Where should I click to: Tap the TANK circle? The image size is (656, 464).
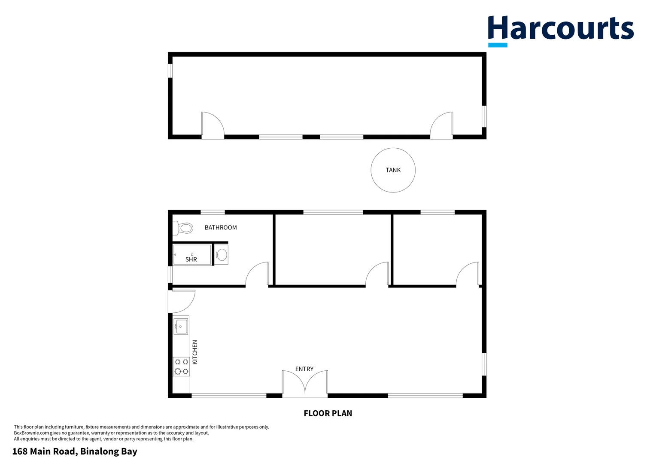click(x=393, y=170)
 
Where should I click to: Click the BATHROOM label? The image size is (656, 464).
click(x=221, y=228)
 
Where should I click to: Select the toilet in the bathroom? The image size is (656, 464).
click(x=184, y=228)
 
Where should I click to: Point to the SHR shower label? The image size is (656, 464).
click(x=191, y=259)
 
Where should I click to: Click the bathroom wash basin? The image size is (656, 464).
click(x=222, y=255)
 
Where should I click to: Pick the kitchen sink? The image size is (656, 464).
click(x=181, y=326)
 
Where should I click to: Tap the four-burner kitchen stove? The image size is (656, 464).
click(x=181, y=366)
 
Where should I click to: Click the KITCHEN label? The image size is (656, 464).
click(x=195, y=352)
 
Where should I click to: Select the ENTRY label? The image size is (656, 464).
click(x=304, y=369)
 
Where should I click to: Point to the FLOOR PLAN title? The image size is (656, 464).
click(x=328, y=413)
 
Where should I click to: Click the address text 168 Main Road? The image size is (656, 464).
click(x=75, y=452)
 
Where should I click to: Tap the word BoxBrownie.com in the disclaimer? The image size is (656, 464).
click(x=32, y=433)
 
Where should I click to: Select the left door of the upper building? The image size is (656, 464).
click(x=213, y=125)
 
